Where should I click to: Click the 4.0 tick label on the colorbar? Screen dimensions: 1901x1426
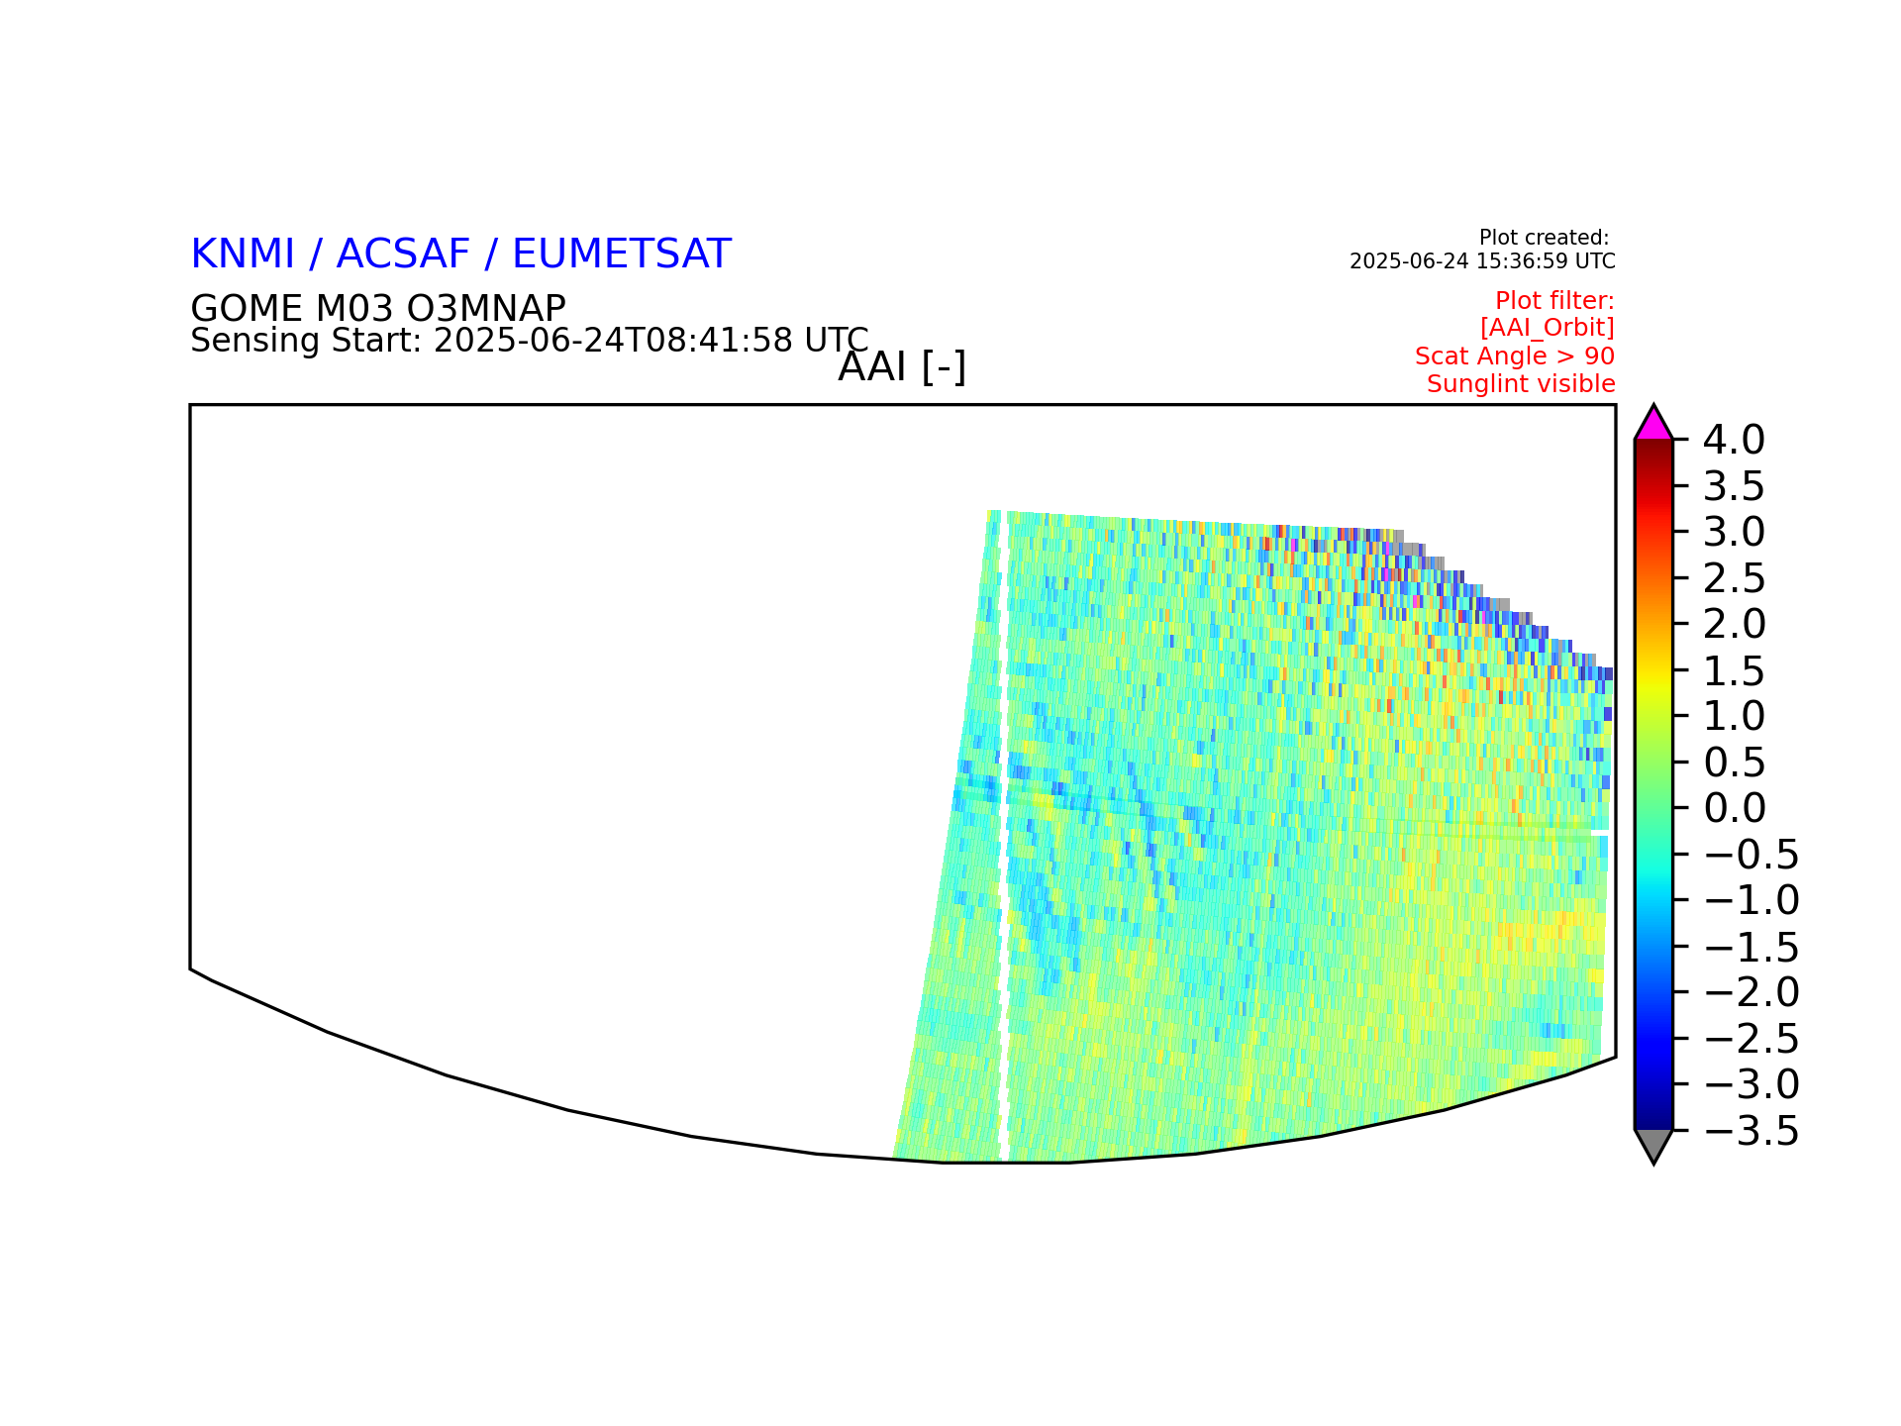tap(1734, 440)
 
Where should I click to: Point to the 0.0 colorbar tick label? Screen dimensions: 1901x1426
tap(1735, 808)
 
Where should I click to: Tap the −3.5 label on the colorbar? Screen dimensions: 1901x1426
tap(1751, 1131)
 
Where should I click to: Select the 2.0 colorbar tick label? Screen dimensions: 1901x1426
tap(1735, 624)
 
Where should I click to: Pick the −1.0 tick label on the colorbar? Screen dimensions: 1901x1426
tap(1751, 901)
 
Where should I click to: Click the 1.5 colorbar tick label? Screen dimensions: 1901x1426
tap(1735, 671)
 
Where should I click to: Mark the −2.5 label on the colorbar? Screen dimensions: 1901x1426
tap(1751, 1039)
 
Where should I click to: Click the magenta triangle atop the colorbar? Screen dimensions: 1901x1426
tap(1653, 426)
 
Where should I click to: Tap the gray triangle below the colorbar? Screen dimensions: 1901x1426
tap(1653, 1144)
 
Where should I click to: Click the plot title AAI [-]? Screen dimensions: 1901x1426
tap(902, 367)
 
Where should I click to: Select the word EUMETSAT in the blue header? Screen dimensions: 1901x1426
tap(622, 255)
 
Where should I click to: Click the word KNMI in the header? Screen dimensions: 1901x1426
tap(243, 255)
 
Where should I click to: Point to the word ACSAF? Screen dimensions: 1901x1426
tap(403, 255)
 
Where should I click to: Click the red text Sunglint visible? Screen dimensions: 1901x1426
tap(1521, 384)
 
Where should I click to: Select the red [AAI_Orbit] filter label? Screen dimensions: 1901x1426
tap(1548, 328)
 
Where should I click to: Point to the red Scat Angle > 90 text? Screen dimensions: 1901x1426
tap(1515, 356)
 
